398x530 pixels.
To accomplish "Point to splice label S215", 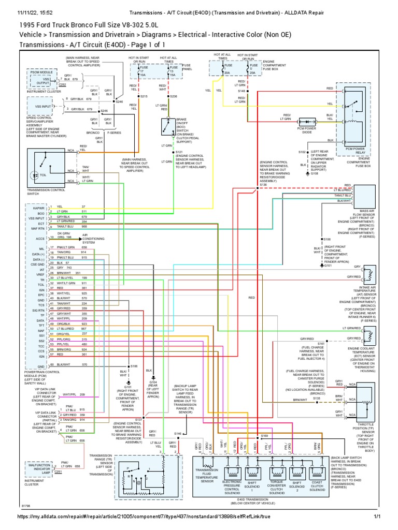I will (144, 96).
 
